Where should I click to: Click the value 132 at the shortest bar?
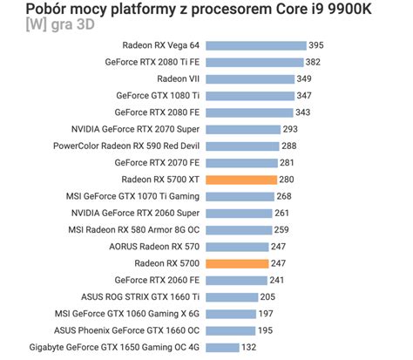249,347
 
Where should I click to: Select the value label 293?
290,129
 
